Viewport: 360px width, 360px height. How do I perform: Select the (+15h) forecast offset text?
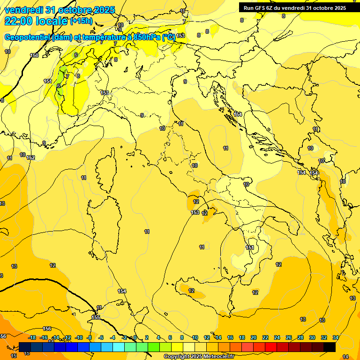[81, 21]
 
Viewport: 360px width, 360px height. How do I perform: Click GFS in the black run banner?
[261, 7]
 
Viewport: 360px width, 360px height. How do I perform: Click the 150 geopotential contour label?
[34, 55]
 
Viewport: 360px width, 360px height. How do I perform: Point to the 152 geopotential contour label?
[31, 157]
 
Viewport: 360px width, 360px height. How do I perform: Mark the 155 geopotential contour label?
[96, 317]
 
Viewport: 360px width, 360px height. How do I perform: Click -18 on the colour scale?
[32, 337]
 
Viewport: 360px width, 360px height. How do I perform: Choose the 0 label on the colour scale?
[135, 337]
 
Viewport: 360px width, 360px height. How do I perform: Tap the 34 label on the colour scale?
[336, 337]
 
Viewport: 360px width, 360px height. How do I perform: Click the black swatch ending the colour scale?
[330, 347]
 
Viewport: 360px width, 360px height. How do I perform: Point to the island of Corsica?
[105, 169]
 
